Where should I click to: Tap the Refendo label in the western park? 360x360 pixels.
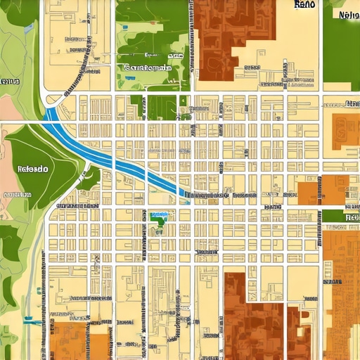click(x=32, y=169)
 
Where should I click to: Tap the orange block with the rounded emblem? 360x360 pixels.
click(x=345, y=130)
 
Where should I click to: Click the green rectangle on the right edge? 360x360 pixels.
click(x=341, y=216)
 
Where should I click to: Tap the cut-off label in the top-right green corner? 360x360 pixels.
click(x=348, y=15)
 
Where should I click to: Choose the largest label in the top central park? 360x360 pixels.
click(x=148, y=68)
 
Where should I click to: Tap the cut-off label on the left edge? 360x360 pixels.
click(x=8, y=82)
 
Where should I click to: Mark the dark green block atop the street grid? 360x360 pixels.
click(x=162, y=107)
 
